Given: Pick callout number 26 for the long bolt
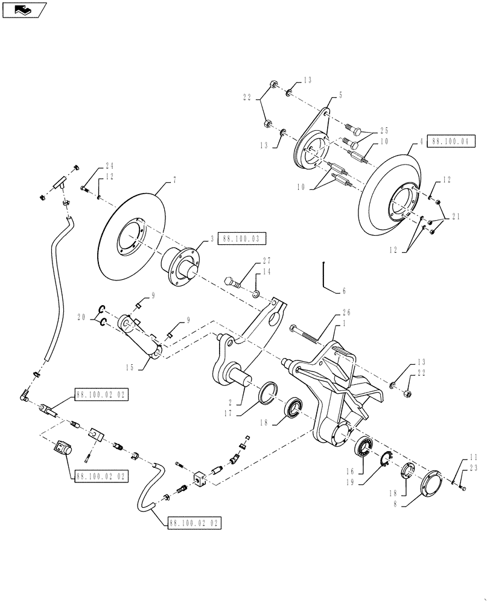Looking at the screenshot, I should (x=344, y=291).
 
